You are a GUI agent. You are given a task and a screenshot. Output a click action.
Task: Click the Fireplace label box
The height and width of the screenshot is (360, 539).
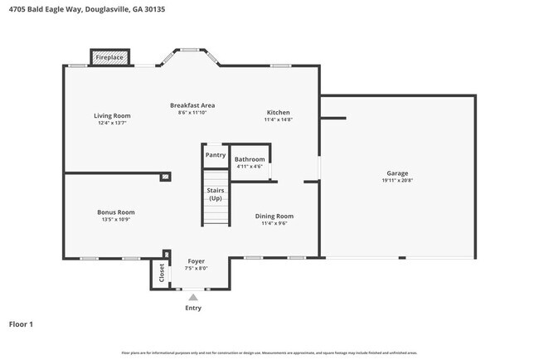[109, 57]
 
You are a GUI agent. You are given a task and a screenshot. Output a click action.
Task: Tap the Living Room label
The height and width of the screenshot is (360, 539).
[112, 115]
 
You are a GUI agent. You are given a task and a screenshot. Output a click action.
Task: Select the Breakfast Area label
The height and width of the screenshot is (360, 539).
[192, 105]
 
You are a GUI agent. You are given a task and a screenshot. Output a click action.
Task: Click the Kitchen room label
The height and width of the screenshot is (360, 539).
[278, 113]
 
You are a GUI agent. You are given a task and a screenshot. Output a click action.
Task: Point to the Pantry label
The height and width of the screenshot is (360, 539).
[216, 154]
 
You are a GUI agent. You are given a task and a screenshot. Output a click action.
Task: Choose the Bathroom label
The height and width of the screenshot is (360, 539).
[250, 159]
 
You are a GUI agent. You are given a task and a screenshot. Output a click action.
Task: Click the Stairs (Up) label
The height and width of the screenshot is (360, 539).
[216, 194]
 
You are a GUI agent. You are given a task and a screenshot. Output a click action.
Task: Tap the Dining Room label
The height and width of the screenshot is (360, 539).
[274, 216]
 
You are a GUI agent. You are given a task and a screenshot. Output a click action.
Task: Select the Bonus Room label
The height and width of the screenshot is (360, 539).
[115, 212]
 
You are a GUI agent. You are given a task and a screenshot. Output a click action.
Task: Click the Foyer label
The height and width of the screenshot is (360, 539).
[197, 260]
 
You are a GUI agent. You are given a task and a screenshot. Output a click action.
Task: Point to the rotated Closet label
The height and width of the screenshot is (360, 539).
[161, 272]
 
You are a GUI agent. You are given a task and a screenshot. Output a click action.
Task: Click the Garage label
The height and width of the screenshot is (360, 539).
[397, 173]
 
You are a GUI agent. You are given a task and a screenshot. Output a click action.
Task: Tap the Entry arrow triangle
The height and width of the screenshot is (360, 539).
[193, 295]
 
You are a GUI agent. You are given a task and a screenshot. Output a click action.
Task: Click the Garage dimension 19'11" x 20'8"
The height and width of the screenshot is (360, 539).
[397, 181]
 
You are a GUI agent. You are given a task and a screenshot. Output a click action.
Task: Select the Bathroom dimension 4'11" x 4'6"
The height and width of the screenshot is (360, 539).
[250, 167]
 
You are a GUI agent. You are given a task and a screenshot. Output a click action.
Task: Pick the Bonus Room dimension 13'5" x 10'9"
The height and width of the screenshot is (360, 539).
[115, 219]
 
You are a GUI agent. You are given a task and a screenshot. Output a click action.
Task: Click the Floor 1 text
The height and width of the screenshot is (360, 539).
[21, 324]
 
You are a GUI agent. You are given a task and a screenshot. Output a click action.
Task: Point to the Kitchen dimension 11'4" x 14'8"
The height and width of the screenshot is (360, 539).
[278, 120]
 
